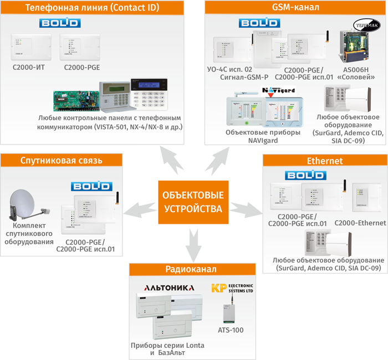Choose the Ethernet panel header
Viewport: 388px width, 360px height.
(x=325, y=161)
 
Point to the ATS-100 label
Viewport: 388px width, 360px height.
(x=231, y=330)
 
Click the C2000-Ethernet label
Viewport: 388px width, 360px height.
(x=360, y=223)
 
